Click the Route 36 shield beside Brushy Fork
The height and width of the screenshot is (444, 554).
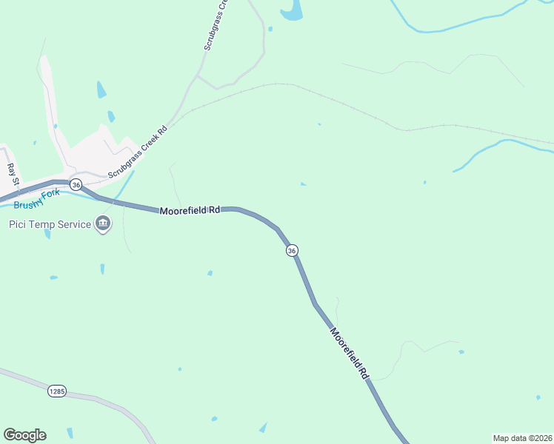(76, 184)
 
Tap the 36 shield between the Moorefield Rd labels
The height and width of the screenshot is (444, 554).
(292, 251)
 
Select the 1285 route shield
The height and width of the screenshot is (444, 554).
(57, 390)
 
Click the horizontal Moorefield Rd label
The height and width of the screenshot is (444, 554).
(190, 211)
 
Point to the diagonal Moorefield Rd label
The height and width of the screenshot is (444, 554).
(350, 354)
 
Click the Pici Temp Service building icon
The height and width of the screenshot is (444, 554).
(103, 223)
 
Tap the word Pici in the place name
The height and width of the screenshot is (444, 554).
(19, 224)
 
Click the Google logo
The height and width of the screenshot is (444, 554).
(24, 435)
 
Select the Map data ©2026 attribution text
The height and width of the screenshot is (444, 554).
(522, 437)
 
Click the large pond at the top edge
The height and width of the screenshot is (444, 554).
(292, 9)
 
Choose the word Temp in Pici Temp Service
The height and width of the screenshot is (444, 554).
(42, 224)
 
